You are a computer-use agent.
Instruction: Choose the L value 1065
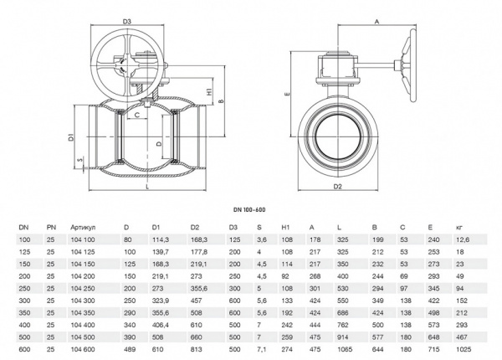click(343, 348)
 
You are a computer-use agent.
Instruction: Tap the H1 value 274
click(287, 348)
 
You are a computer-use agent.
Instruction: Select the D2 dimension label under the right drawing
click(338, 187)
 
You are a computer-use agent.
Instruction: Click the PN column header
click(51, 226)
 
